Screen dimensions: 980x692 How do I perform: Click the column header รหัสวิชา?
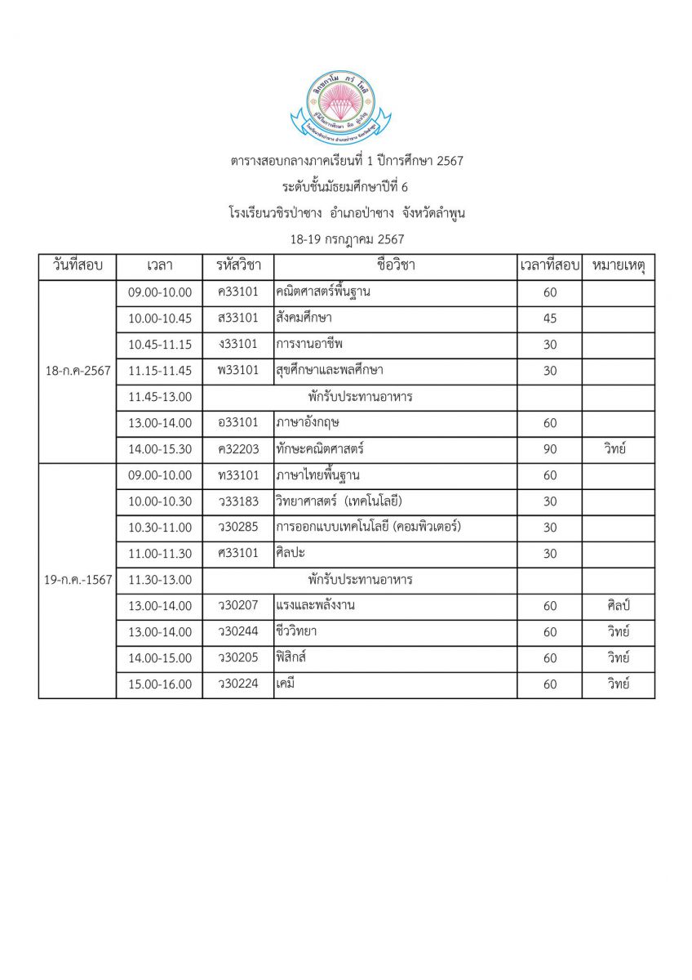click(x=237, y=266)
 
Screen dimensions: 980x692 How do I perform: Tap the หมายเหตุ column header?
click(x=618, y=266)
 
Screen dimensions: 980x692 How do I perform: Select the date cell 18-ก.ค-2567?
click(x=78, y=371)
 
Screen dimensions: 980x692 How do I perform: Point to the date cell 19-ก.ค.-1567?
click(x=78, y=580)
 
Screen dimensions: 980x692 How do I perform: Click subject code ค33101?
click(x=237, y=292)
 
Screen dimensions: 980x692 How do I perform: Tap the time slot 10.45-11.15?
click(x=160, y=345)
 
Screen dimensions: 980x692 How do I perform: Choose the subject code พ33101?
click(x=237, y=371)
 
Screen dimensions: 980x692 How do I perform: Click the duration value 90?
click(x=549, y=449)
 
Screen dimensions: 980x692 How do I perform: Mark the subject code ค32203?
click(x=237, y=449)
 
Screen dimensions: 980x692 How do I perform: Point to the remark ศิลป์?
click(x=618, y=606)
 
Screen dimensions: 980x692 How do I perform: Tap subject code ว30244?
click(x=237, y=632)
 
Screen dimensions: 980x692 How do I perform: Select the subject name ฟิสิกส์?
click(x=292, y=658)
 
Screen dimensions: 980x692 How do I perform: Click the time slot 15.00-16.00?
click(x=160, y=684)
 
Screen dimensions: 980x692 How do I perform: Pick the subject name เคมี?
click(x=286, y=684)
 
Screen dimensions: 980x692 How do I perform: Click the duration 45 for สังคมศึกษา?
click(x=549, y=318)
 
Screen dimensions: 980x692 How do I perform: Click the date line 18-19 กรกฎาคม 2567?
click(x=347, y=239)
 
